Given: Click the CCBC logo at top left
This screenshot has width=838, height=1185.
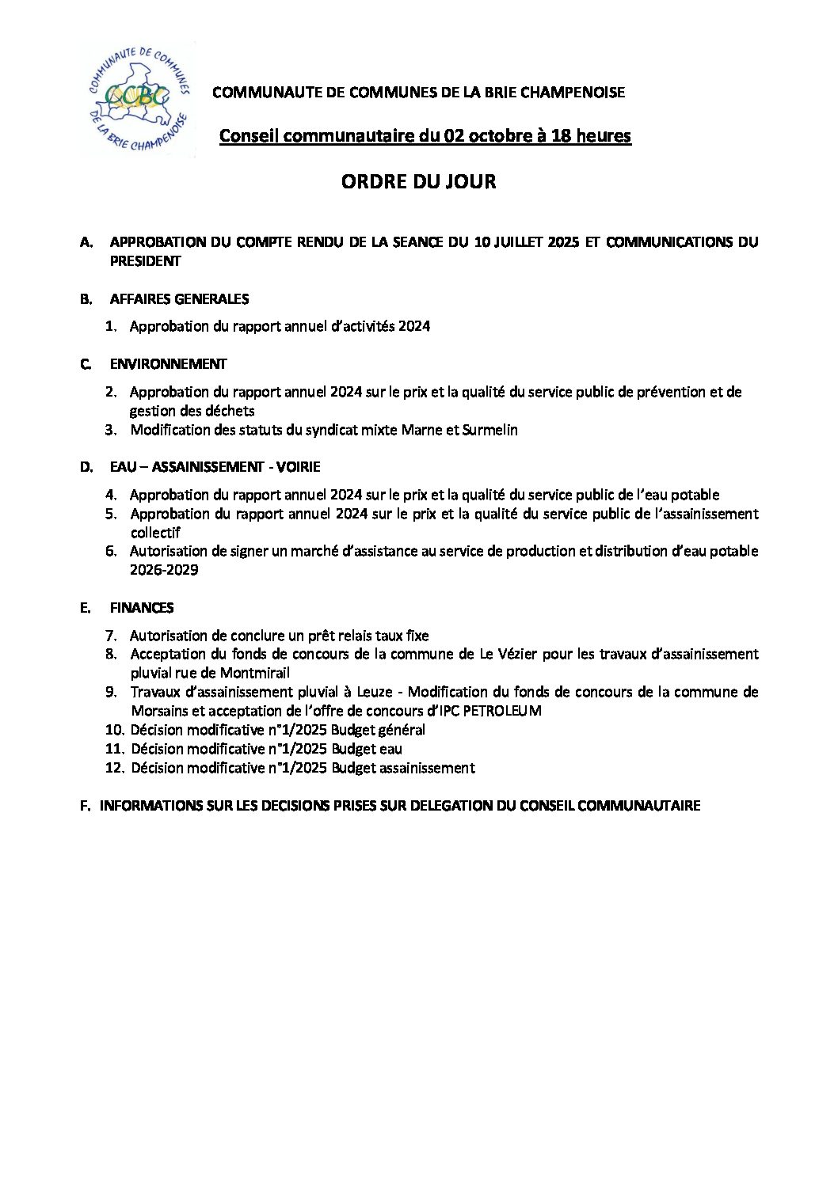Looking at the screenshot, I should point(139,98).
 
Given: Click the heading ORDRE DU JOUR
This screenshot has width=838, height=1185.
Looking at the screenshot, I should point(418,181).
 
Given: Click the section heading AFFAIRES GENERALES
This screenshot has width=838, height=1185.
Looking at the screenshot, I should point(179,299).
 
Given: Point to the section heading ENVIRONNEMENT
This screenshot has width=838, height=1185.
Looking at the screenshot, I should point(168,364).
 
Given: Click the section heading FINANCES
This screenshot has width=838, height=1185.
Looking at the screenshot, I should point(142,608).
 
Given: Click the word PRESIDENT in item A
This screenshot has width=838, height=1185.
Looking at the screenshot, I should point(146,261).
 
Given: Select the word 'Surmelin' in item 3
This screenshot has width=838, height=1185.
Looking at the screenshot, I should point(491,430).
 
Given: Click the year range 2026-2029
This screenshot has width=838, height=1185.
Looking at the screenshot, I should point(164,570).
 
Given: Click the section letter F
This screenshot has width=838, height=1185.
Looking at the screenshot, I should point(85,806).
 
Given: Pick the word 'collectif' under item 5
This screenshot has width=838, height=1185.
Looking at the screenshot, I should point(155,533).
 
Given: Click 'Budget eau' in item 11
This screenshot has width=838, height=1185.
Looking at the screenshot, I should point(367,749).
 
